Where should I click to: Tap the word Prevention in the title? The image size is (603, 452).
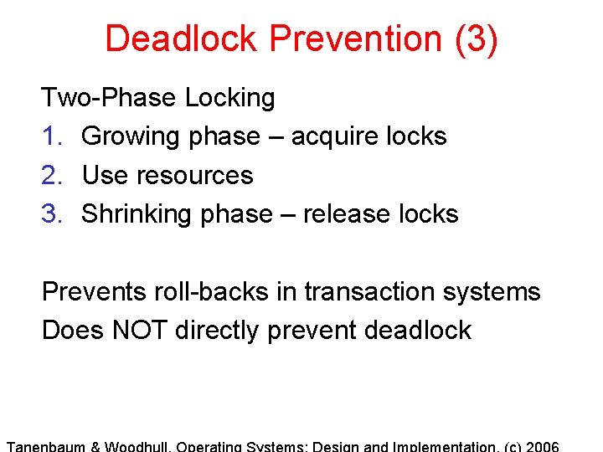(x=365, y=39)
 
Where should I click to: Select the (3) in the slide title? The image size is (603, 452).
(x=477, y=39)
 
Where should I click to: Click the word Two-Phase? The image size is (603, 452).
(x=109, y=98)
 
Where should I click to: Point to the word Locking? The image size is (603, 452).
(x=229, y=99)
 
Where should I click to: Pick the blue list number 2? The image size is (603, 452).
(x=49, y=176)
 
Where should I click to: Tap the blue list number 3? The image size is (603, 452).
(x=49, y=214)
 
